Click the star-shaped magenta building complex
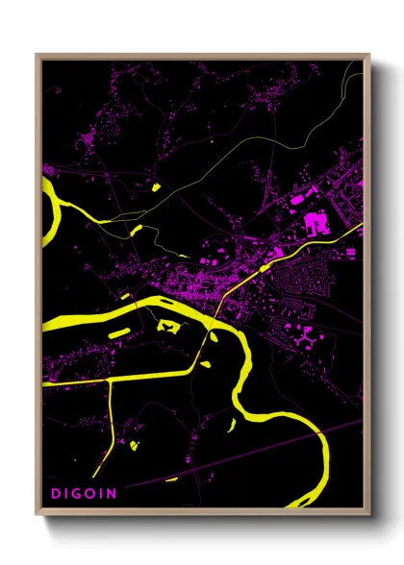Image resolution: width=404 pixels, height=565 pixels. tap(307, 337)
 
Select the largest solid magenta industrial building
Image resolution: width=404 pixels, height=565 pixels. tap(315, 224)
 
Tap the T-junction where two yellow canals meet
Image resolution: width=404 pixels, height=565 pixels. tap(109, 380)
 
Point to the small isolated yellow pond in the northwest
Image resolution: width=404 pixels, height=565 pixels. tap(153, 185)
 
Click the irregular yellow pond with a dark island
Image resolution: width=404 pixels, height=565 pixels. tap(170, 328)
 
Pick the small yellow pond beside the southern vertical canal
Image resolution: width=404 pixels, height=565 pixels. tap(134, 445)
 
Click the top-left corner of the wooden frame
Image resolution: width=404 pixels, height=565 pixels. tap(37, 56)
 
